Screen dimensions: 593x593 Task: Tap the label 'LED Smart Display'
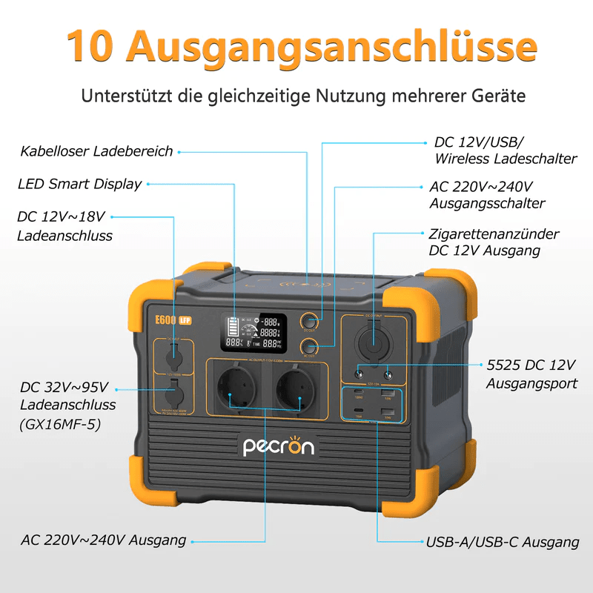pos(80,184)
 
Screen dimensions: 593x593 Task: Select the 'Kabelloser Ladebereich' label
pos(97,151)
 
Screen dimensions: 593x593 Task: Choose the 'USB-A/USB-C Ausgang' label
pos(503,543)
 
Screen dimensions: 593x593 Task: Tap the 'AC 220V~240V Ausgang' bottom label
pos(102,540)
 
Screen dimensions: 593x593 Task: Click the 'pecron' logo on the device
pos(279,446)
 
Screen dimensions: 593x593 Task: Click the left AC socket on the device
pos(238,390)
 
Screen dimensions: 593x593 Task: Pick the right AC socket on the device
pos(296,390)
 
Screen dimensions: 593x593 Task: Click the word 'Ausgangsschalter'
pos(487,203)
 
